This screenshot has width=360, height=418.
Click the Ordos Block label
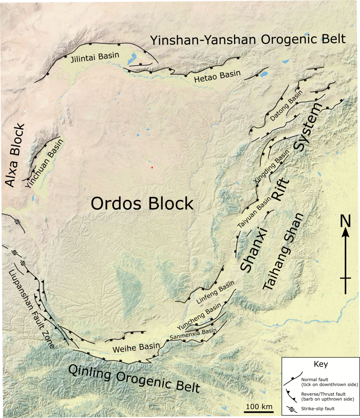[142, 204]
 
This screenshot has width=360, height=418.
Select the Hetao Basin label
[217, 75]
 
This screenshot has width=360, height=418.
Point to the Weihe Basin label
[136, 347]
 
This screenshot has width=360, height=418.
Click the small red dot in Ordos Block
[152, 167]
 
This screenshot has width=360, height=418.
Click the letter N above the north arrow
[345, 221]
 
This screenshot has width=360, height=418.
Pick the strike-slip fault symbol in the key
[292, 408]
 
